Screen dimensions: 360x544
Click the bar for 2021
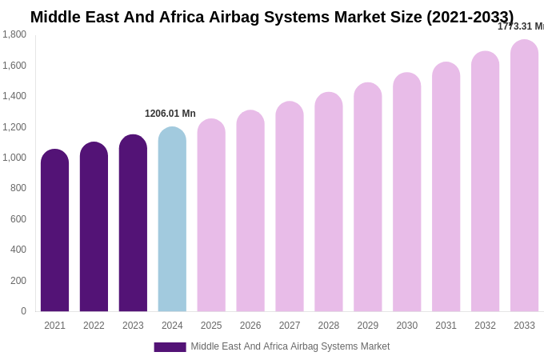[54, 232]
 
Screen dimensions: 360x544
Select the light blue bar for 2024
[172, 220]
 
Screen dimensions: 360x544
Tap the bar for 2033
[524, 176]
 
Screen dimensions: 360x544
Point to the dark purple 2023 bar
[133, 224]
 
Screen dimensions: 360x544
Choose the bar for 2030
[406, 193]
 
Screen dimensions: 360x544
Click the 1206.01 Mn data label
[170, 114]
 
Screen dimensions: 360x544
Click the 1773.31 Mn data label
[521, 26]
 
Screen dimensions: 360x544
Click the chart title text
[272, 17]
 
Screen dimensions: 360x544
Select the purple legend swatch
[170, 347]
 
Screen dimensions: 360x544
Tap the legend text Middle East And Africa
[290, 346]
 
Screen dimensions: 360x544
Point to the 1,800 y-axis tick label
[14, 34]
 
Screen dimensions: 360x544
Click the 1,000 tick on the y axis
[14, 158]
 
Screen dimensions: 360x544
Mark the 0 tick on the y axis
[23, 311]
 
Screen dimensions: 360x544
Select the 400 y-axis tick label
[18, 250]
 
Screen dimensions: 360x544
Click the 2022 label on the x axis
[94, 326]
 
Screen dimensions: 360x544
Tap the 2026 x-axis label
[250, 326]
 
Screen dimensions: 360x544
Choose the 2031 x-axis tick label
[446, 326]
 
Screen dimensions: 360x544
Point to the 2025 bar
[211, 216]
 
